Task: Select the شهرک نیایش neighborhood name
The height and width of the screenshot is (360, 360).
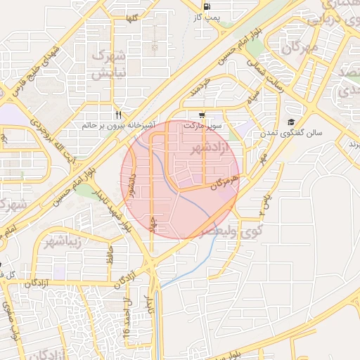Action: point(111,63)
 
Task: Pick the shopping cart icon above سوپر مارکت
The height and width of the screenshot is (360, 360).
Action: point(202,115)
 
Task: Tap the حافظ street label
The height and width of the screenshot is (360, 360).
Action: point(110,252)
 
